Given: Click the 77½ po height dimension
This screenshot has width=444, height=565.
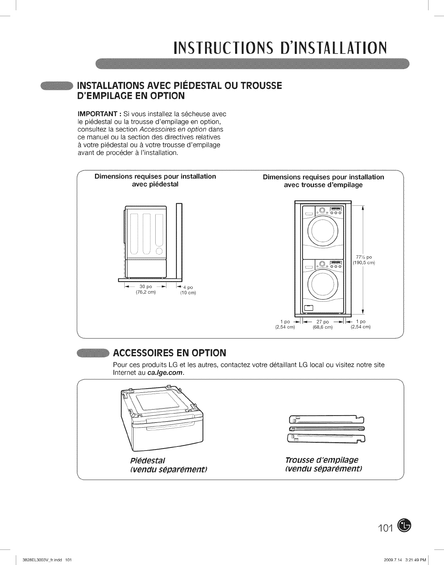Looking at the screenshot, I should click(x=362, y=257).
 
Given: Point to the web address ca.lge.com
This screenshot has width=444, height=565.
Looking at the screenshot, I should click(x=165, y=373).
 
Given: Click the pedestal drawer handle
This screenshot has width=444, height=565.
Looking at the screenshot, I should click(x=167, y=428).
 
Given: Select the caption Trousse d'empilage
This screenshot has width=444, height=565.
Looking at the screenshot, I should click(x=322, y=460).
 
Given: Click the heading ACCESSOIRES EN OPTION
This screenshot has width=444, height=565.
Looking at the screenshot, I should click(x=169, y=353).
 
